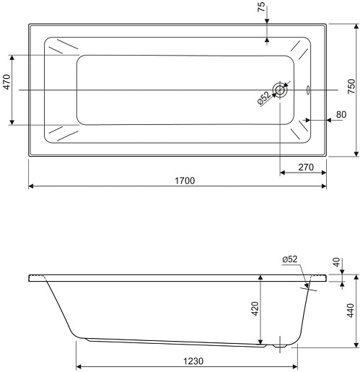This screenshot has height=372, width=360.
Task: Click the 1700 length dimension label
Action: [185, 181]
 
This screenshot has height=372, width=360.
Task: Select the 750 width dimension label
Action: [351, 86]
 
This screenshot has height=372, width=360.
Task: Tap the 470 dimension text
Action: [7, 82]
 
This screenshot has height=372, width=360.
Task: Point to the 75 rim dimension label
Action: [261, 7]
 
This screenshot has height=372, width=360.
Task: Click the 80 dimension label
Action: [341, 114]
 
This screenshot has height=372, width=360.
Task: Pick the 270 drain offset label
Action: [306, 167]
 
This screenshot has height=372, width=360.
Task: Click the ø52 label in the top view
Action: [264, 98]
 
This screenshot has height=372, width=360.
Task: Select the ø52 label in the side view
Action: [290, 259]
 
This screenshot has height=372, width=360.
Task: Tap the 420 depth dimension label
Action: [255, 308]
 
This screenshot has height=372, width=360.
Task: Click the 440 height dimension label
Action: [351, 311]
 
